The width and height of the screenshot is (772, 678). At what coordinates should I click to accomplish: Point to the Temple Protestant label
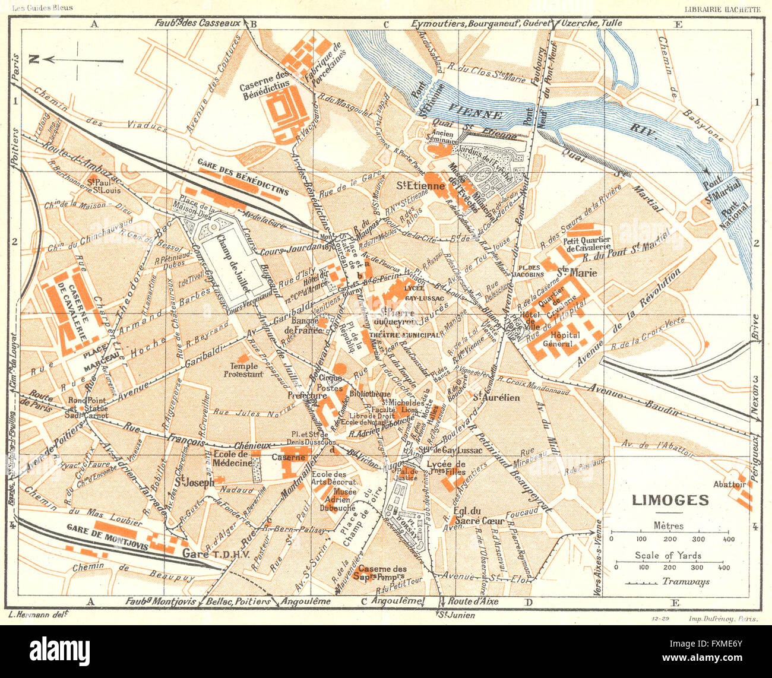click(x=243, y=370)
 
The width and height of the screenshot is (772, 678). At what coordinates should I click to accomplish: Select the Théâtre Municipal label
click(x=404, y=335)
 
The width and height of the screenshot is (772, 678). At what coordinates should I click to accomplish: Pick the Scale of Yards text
click(x=667, y=556)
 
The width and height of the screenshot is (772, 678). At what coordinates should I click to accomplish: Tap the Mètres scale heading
click(x=668, y=525)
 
